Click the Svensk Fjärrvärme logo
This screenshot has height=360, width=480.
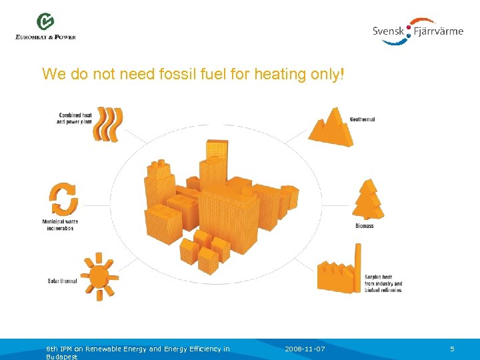point(418,31)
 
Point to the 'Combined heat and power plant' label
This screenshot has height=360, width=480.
point(75,119)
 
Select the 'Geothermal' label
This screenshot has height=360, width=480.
point(362,120)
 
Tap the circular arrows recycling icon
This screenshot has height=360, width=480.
point(65,199)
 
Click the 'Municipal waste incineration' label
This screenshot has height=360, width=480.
point(60,225)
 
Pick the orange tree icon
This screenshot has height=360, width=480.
point(367,200)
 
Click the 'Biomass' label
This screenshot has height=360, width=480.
point(365,226)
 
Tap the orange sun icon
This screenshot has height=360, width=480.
point(99,276)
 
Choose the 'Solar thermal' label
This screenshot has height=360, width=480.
point(62,281)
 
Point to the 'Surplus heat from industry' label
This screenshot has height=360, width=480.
point(383,283)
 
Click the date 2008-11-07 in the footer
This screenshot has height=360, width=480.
point(305,349)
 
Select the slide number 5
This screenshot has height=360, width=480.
point(452,349)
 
